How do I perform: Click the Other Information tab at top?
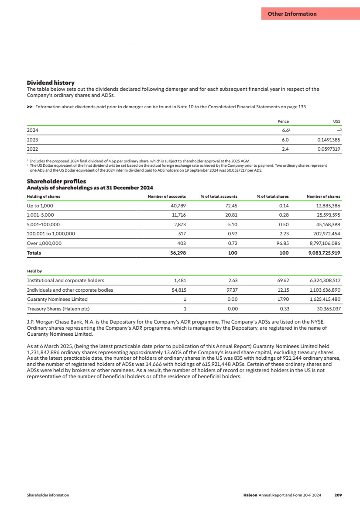(292, 14)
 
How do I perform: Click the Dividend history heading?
(51, 83)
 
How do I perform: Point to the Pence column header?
(283, 121)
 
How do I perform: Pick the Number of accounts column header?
(167, 196)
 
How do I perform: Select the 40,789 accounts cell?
(178, 205)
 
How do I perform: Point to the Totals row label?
(34, 253)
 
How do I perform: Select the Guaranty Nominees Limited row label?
(57, 299)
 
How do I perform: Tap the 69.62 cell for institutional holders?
(282, 280)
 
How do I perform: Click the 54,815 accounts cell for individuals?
(178, 290)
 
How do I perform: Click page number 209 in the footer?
(338, 495)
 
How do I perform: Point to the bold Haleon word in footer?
(250, 495)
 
